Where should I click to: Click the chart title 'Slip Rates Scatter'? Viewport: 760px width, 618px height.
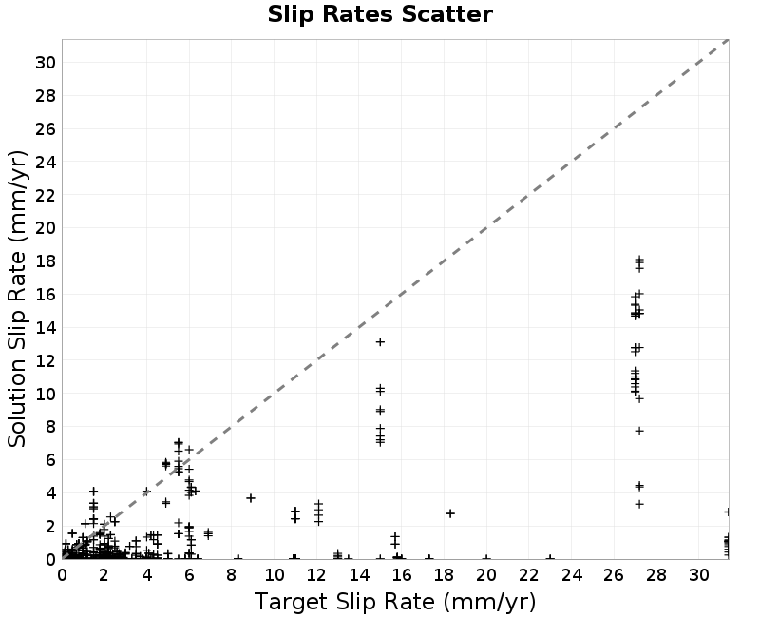[380, 14]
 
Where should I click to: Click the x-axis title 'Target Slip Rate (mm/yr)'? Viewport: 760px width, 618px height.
[395, 602]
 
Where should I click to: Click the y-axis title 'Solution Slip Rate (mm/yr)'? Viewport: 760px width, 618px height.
[17, 299]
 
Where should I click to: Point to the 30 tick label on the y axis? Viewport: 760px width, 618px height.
[46, 63]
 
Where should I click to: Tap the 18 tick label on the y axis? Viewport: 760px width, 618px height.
[46, 261]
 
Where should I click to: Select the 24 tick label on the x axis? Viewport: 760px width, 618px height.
[572, 575]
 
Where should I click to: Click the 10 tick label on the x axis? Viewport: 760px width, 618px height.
[275, 575]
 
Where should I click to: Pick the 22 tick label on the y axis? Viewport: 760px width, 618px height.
[46, 195]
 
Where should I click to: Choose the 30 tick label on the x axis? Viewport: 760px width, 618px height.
[699, 575]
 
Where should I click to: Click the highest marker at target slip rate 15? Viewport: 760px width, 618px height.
[380, 342]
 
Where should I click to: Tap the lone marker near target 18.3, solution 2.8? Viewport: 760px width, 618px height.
[450, 513]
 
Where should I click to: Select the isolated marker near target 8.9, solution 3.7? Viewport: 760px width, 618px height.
[251, 498]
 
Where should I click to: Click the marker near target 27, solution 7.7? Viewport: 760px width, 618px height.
[639, 431]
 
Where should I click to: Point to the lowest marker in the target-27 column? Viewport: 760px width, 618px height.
[639, 505]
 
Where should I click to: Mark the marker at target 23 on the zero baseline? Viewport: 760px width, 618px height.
[550, 559]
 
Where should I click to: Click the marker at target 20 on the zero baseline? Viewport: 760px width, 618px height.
[486, 559]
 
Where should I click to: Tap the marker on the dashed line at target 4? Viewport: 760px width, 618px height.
[146, 492]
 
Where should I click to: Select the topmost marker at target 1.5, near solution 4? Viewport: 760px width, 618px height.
[93, 492]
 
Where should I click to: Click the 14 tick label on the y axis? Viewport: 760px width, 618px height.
[46, 327]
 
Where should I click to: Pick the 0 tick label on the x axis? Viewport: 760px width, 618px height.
[62, 575]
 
